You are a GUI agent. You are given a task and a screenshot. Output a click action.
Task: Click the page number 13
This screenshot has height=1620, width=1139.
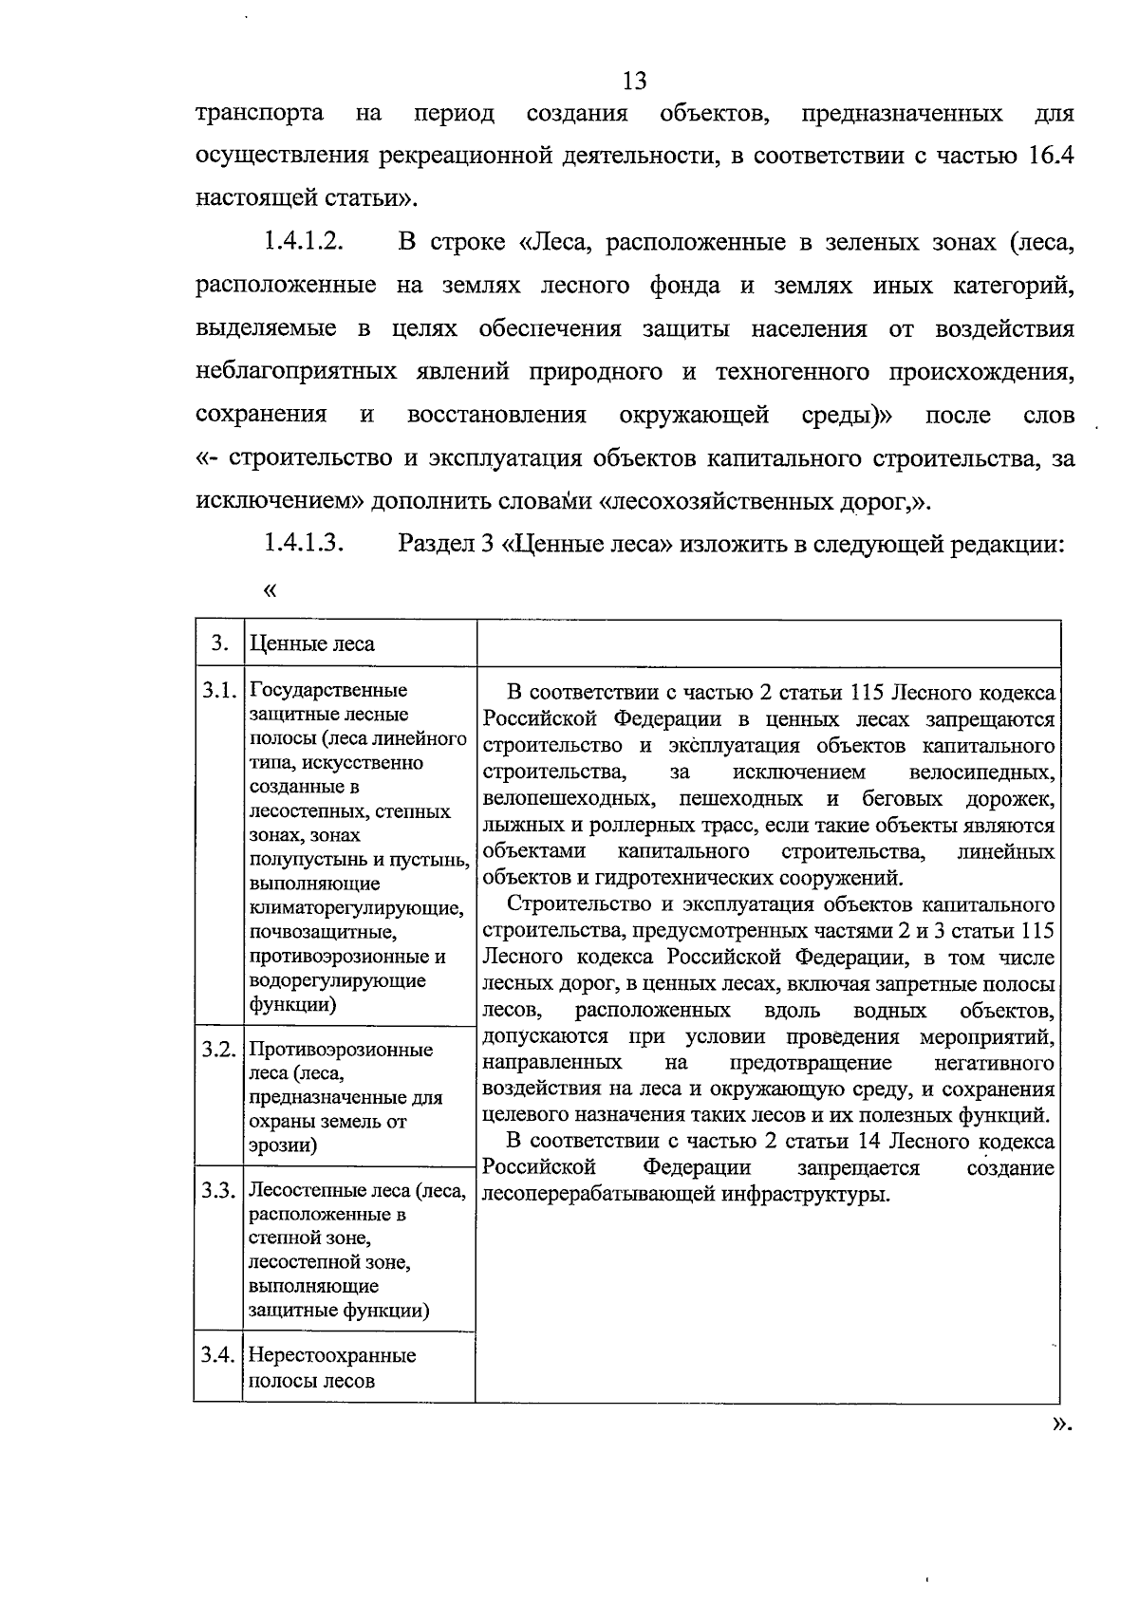635,81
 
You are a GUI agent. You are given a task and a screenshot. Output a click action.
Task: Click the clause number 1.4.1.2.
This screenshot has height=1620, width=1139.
303,242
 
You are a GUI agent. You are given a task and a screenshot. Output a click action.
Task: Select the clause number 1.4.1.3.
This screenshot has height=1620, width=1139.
303,544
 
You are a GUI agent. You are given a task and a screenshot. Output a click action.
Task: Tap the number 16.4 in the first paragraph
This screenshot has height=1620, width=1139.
1051,157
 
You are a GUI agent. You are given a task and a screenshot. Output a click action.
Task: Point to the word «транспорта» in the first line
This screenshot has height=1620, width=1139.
258,114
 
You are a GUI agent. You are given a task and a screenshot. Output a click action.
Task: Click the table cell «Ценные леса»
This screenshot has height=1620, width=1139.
311,644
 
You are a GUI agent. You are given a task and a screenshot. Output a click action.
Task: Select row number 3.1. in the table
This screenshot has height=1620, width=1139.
218,690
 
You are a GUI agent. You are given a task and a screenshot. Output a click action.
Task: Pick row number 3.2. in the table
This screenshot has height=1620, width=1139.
218,1050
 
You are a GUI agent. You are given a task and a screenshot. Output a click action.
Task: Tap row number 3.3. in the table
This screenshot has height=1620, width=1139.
218,1190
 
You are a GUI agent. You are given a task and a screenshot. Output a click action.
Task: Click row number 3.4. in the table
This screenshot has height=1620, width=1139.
218,1355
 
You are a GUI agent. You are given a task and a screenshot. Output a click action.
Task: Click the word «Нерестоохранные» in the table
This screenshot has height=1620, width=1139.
332,1356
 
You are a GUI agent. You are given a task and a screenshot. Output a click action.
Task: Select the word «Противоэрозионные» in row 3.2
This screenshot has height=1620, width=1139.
341,1050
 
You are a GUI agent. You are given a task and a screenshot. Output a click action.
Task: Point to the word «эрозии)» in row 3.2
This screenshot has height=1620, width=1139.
283,1145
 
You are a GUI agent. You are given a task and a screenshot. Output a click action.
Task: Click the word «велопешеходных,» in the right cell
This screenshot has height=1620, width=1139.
567,798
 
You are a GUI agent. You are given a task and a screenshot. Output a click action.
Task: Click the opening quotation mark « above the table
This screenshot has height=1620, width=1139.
271,590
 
